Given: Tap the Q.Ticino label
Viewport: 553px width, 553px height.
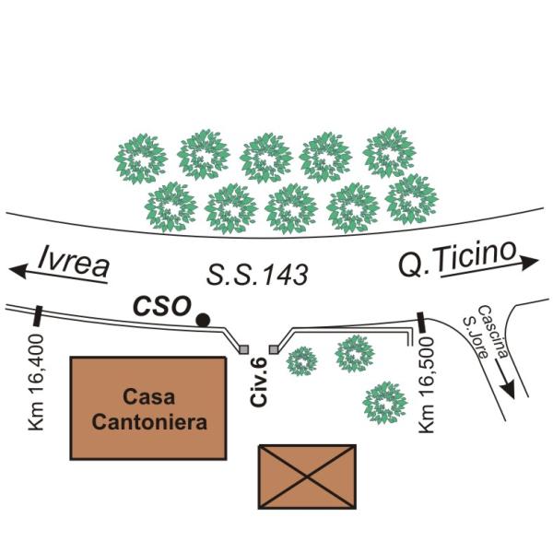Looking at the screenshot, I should click(455, 261).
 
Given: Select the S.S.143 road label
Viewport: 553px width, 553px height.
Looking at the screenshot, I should click(256, 275).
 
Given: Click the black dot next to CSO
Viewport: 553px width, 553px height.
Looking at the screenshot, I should click(204, 319).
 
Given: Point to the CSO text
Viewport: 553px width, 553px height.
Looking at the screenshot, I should click(161, 305).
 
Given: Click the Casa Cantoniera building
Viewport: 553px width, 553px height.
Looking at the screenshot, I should click(148, 407).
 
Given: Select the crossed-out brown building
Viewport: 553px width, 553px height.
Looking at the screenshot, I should click(307, 476).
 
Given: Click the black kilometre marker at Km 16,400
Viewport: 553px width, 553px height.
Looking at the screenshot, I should click(37, 316).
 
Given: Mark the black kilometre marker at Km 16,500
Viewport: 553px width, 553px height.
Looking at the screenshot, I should click(420, 323).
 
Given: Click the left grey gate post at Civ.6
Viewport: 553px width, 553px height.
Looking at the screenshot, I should click(243, 349).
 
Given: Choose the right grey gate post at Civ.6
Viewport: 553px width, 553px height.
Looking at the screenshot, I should click(273, 348).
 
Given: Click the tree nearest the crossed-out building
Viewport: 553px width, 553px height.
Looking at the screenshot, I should click(384, 401).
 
